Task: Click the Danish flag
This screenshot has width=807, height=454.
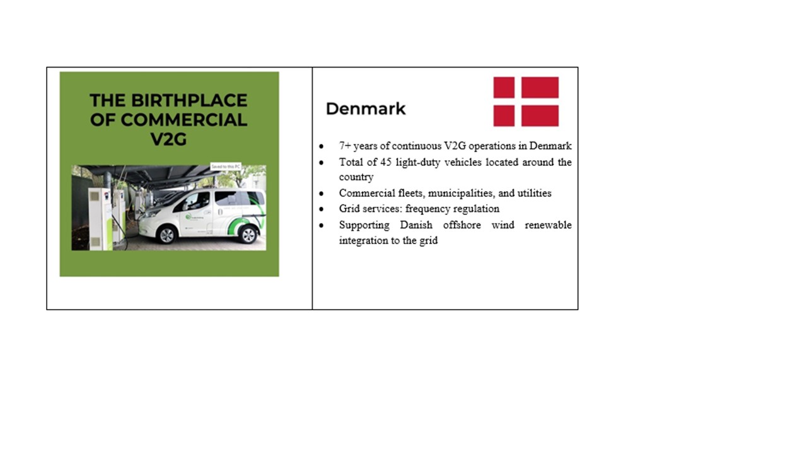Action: coord(526,102)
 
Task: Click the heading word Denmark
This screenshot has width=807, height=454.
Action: coord(365,109)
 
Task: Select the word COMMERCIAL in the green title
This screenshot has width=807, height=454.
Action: coord(184,120)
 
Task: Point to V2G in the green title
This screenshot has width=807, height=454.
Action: coord(168,139)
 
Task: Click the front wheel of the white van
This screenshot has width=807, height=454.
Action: coord(167,235)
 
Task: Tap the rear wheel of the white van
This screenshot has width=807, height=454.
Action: coord(248,235)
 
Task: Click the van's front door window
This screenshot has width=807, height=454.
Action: coord(197,200)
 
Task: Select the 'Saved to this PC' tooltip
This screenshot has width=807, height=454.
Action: coord(225,166)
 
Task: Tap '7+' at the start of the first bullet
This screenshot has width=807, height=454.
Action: coord(345,146)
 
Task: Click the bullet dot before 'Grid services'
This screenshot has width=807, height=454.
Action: coord(322,209)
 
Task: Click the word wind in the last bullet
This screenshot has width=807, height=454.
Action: coord(501,225)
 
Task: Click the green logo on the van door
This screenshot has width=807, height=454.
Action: coord(189,217)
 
